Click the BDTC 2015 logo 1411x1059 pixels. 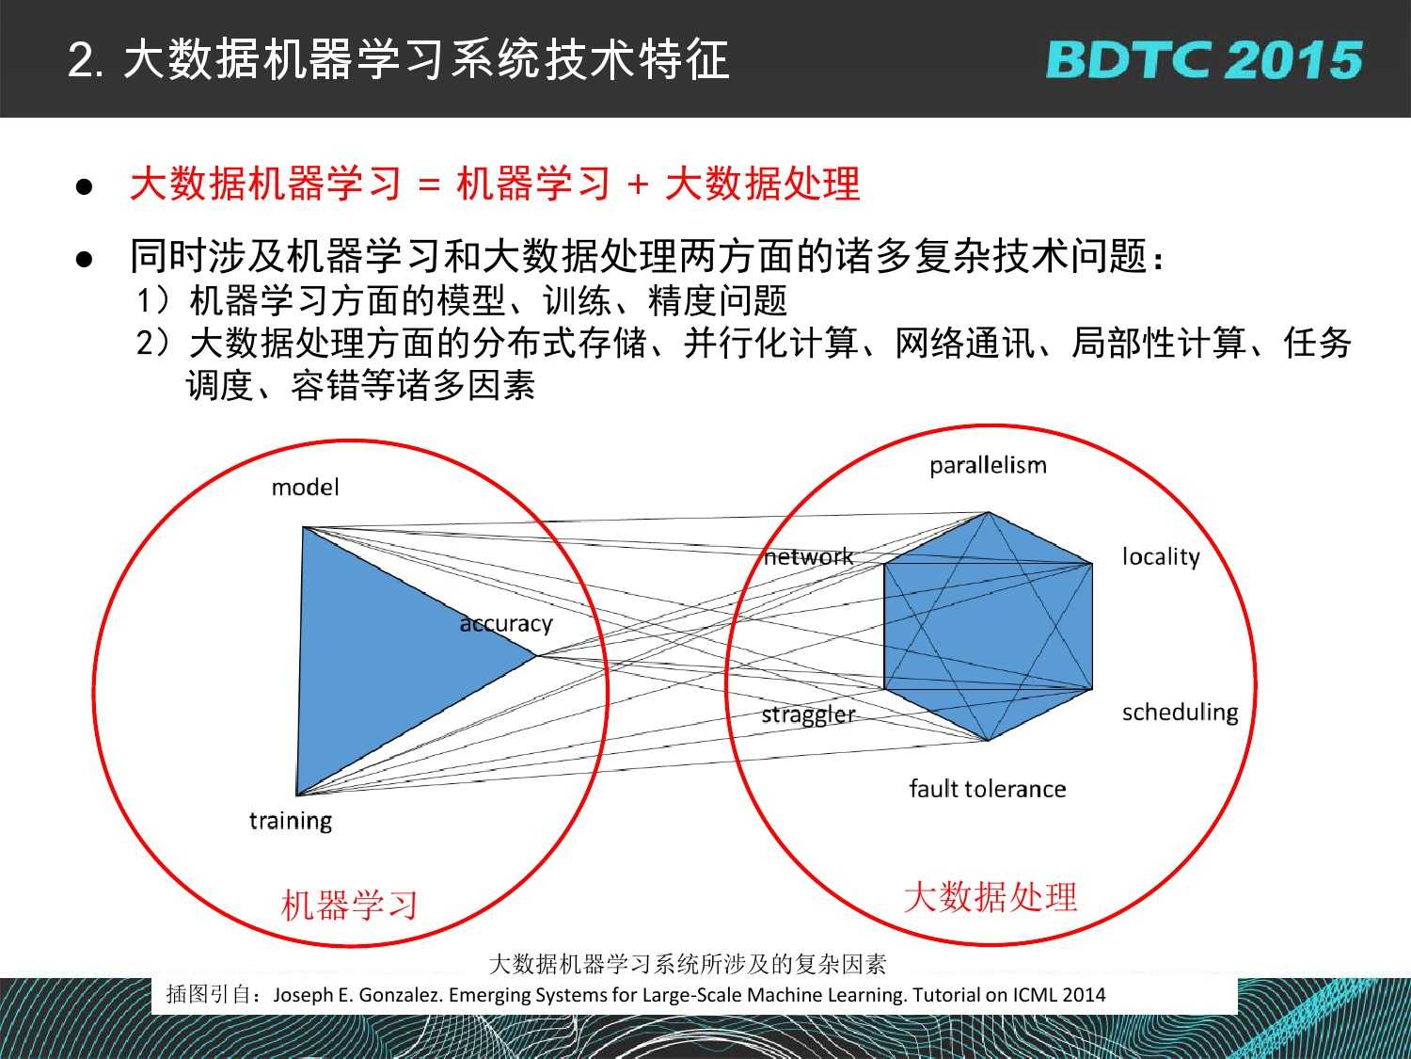(1204, 60)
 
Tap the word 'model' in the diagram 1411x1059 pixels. (306, 488)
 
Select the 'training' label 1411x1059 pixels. (291, 821)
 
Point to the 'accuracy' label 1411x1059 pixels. (506, 624)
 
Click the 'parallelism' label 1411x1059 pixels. (988, 466)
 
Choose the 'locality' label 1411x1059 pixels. (1161, 557)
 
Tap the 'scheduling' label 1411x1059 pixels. (1181, 713)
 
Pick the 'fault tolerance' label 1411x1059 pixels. (988, 789)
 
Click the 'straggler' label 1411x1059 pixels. (809, 715)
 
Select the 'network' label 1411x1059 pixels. (809, 557)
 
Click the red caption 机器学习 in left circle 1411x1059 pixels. (349, 906)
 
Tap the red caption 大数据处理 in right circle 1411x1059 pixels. (990, 896)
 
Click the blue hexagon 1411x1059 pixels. (988, 626)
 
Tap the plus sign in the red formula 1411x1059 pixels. (638, 185)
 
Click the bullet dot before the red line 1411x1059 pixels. (85, 187)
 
